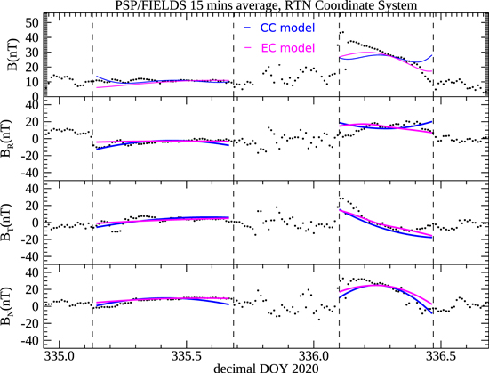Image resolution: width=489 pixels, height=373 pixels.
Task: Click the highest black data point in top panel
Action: [342, 33]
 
